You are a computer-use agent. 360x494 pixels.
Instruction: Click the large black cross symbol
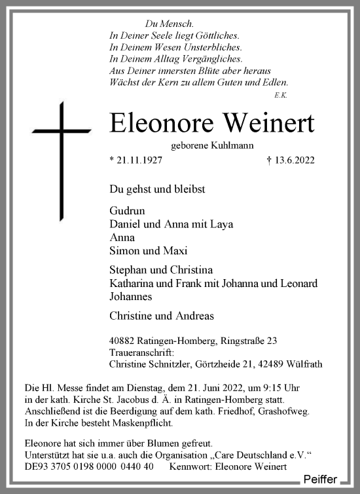coord(63,160)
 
